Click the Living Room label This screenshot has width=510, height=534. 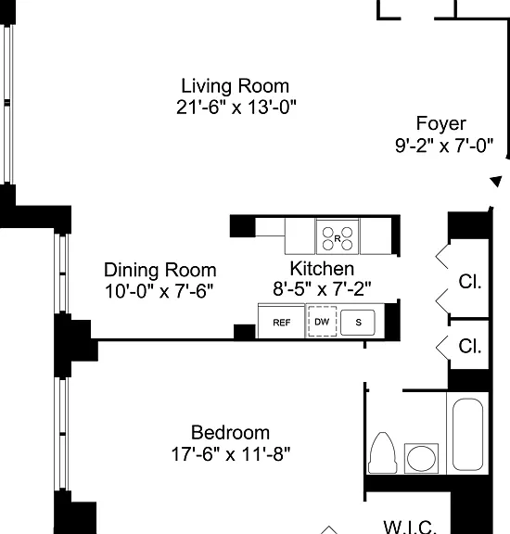[x=236, y=86]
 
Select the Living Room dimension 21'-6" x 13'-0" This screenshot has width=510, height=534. [x=236, y=108]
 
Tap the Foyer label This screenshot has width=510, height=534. [x=440, y=123]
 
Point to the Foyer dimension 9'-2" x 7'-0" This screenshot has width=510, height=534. [x=444, y=146]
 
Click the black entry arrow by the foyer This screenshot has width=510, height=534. [x=496, y=181]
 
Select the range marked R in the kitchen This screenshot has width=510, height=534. [x=338, y=237]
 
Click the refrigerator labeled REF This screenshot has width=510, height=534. [x=281, y=321]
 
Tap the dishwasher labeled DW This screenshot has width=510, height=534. [x=322, y=321]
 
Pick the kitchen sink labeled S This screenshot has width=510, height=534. [x=358, y=322]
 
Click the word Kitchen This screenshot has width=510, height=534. [x=322, y=269]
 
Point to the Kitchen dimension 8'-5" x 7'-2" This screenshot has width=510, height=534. [x=322, y=289]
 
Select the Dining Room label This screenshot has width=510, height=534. [x=160, y=270]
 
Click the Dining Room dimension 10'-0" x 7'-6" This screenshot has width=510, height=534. [x=159, y=291]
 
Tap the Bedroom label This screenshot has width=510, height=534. [x=230, y=433]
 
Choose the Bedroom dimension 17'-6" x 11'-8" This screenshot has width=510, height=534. [x=231, y=454]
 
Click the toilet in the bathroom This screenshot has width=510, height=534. [x=383, y=453]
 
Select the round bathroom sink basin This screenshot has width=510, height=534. [x=421, y=458]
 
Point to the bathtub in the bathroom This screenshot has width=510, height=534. [x=467, y=435]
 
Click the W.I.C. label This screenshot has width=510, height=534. [x=410, y=528]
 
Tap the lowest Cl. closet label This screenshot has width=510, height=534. [x=470, y=347]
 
